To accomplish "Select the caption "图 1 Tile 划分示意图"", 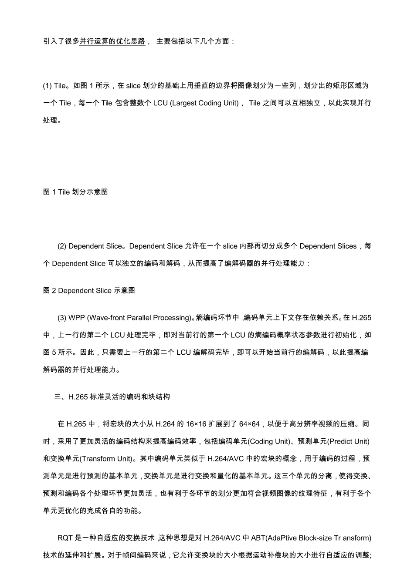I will (75, 192).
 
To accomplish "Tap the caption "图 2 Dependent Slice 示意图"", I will (89, 290).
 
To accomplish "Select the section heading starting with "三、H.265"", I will (112, 397).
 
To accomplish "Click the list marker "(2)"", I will (62, 246).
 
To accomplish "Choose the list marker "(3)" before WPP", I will (62, 318).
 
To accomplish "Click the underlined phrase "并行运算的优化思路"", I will (112, 41).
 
